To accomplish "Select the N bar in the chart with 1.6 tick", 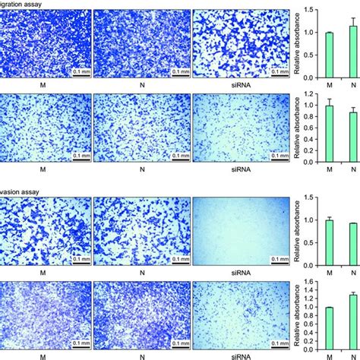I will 352,324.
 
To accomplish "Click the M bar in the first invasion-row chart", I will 329,242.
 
